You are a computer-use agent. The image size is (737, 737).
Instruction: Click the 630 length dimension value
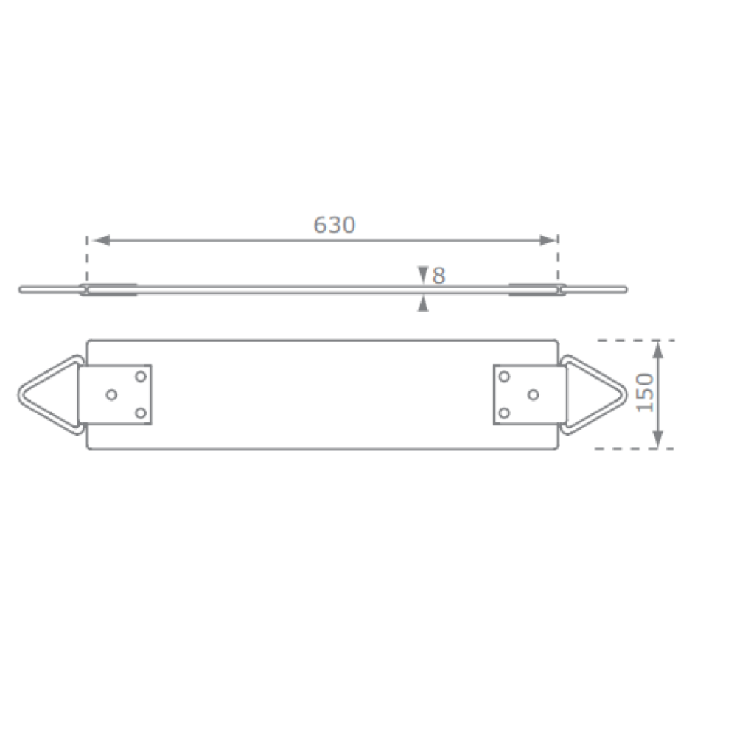tap(335, 225)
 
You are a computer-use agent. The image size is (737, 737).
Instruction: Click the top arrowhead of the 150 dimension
tap(659, 348)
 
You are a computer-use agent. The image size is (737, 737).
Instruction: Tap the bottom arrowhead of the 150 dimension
tap(659, 441)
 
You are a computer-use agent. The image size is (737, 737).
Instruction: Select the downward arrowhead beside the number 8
tap(422, 274)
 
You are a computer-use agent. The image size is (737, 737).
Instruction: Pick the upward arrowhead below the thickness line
tap(422, 303)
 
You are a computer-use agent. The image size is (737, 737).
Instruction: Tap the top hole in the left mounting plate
tap(140, 377)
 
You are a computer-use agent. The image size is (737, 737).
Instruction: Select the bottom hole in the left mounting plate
tap(140, 413)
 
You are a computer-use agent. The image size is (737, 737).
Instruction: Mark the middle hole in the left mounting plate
tap(111, 394)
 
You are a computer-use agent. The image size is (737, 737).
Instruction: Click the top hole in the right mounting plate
tap(504, 377)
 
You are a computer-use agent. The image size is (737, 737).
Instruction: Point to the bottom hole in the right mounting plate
tap(504, 413)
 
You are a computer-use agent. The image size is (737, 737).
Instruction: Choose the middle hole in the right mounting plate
tap(533, 394)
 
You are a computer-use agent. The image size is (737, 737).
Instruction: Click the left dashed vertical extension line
tap(88, 258)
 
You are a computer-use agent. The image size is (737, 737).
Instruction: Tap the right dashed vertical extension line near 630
tap(558, 258)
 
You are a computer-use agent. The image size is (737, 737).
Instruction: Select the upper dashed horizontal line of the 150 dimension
tap(634, 340)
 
